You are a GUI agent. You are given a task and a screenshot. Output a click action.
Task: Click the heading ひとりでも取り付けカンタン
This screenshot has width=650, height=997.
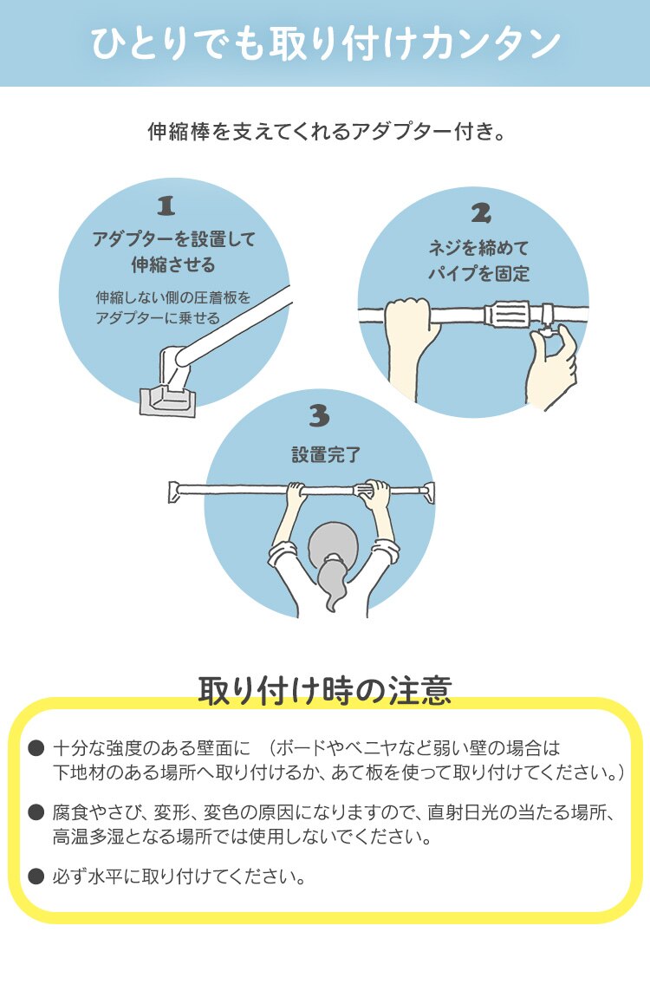point(325,44)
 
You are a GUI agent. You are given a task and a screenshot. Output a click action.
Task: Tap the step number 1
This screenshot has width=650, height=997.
point(166,205)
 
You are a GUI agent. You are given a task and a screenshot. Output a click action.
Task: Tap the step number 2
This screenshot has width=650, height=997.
point(481,212)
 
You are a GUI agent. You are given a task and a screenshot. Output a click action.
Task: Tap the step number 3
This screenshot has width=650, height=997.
point(319,417)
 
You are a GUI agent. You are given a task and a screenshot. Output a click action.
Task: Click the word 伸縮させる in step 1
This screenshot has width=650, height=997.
point(173,264)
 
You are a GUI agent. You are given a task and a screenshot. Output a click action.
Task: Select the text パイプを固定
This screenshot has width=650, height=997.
point(479,273)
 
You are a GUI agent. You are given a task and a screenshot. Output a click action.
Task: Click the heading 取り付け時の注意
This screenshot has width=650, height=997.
point(325,690)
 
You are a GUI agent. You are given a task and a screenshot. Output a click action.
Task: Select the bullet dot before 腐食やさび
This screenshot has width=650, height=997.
point(36,813)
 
